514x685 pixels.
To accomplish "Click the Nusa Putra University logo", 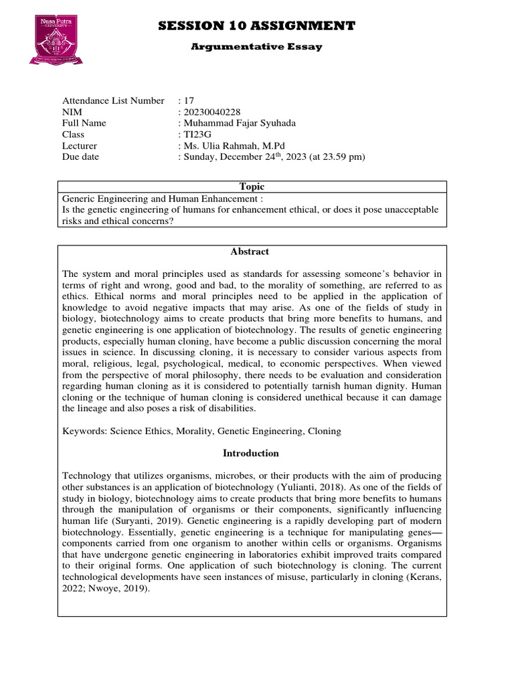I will pyautogui.click(x=56, y=41).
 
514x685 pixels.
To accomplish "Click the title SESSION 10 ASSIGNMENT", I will pyautogui.click(x=257, y=26).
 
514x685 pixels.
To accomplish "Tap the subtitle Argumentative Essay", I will pyautogui.click(x=257, y=47).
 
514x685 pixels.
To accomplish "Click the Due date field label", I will pyautogui.click(x=80, y=157).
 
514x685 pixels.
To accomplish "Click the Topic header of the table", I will pyautogui.click(x=252, y=187).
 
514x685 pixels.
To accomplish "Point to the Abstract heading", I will pyautogui.click(x=250, y=252).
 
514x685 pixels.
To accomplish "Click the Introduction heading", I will pyautogui.click(x=250, y=453).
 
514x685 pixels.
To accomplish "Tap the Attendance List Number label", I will pyautogui.click(x=113, y=100).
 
